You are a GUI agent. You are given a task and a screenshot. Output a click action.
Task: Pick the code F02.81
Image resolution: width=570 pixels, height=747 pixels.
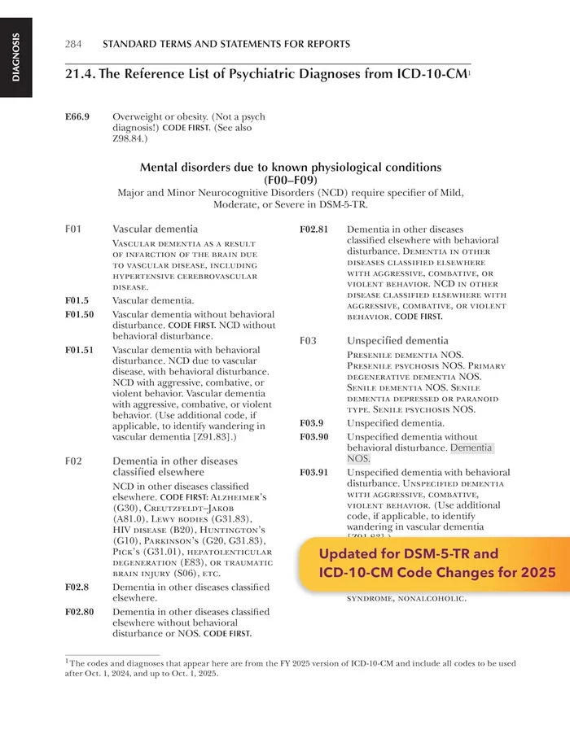click(x=314, y=229)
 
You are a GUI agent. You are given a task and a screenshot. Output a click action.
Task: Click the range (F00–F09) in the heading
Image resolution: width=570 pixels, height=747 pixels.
click(x=291, y=180)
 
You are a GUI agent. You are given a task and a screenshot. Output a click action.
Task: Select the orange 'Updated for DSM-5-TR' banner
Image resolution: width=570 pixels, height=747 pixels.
click(x=429, y=563)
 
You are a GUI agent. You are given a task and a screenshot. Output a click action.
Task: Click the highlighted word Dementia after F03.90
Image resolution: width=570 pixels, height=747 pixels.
click(x=471, y=448)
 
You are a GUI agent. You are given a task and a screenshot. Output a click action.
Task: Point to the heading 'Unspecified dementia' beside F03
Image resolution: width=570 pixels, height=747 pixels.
click(x=397, y=340)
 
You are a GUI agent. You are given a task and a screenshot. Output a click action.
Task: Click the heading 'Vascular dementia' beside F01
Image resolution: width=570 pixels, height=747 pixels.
click(x=155, y=229)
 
